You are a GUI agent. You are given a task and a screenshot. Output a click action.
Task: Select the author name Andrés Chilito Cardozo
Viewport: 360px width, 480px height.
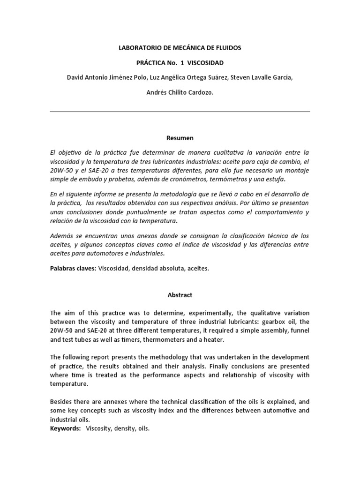[180, 93]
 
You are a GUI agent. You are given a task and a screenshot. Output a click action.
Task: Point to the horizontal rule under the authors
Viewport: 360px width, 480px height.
[180, 112]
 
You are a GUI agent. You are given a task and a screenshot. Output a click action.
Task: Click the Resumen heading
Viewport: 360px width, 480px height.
[180, 138]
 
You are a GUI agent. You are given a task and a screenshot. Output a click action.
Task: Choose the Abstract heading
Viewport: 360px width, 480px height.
[180, 295]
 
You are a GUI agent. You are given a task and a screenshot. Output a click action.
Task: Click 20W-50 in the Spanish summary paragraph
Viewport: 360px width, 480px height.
[60, 171]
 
